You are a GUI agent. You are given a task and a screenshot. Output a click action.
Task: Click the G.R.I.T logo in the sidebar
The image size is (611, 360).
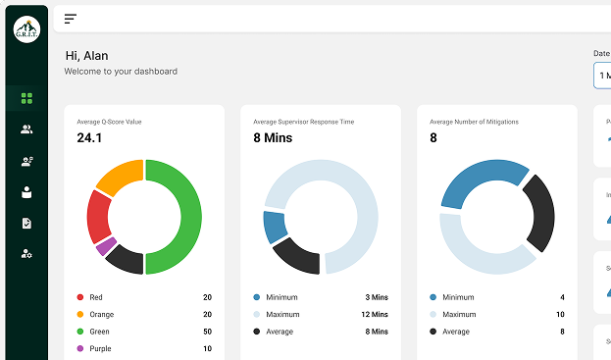(x=26, y=30)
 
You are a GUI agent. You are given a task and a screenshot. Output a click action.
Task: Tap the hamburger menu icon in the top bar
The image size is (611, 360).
(x=71, y=19)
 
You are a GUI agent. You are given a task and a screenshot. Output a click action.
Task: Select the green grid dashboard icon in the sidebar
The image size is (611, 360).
(x=26, y=98)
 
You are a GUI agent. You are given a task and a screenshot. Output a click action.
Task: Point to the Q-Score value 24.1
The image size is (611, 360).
(x=89, y=138)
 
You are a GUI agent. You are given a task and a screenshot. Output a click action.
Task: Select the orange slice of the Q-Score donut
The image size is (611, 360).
(x=120, y=177)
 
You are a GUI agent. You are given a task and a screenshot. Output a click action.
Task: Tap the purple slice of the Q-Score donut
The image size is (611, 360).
(x=106, y=246)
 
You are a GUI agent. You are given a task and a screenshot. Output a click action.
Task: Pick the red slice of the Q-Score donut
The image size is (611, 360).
(x=98, y=216)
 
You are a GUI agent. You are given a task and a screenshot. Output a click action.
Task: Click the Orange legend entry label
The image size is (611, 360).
(x=101, y=315)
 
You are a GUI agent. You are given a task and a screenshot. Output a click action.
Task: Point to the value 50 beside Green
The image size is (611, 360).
(x=207, y=332)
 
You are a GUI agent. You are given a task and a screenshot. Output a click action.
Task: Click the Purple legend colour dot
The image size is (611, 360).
(x=79, y=348)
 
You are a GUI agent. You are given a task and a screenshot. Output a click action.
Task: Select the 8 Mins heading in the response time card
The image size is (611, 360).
(x=273, y=138)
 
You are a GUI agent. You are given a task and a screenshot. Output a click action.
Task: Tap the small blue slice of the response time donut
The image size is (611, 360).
(x=275, y=227)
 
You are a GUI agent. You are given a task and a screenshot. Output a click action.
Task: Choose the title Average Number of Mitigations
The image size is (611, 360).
(x=474, y=122)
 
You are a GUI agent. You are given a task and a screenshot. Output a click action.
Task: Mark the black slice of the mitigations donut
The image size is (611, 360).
(x=539, y=213)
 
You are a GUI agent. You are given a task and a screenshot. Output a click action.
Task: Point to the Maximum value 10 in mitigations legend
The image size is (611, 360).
(x=560, y=315)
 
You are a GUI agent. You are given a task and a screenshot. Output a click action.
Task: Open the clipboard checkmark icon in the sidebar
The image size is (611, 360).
(x=26, y=223)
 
